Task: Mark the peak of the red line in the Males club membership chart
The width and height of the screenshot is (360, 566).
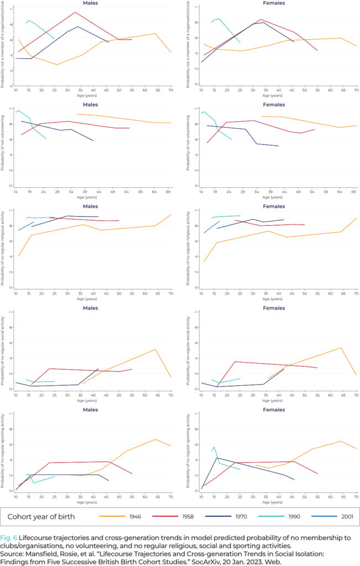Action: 75,12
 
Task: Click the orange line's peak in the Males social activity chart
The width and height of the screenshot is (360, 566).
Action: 155,349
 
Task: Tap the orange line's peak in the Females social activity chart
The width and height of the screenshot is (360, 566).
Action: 341,348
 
